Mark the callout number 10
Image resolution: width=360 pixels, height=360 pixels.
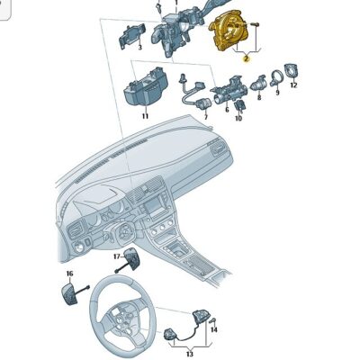pos(238,118)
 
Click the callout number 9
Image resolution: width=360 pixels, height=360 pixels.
pos(277,92)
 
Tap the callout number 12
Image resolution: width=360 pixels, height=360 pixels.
pos(293,85)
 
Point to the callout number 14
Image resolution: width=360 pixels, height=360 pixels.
pos(214,329)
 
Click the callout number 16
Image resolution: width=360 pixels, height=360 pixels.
pos(68,273)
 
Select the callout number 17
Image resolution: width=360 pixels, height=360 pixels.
pos(117,256)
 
